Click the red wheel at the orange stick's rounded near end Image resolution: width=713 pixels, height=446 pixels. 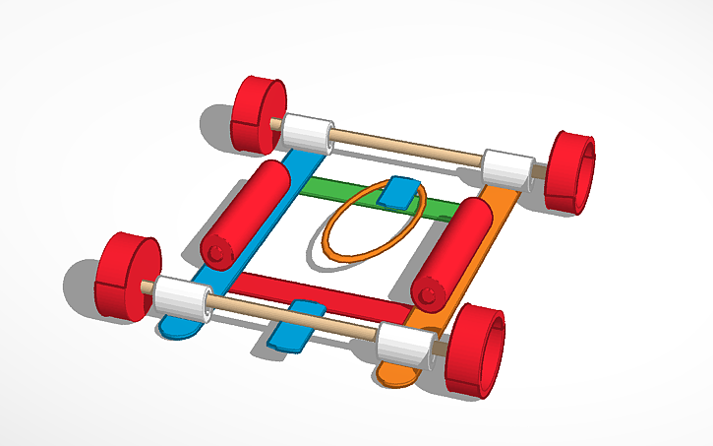click(476, 350)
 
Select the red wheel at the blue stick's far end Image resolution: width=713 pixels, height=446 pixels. click(260, 114)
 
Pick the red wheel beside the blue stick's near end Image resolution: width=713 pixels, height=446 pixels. click(127, 278)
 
